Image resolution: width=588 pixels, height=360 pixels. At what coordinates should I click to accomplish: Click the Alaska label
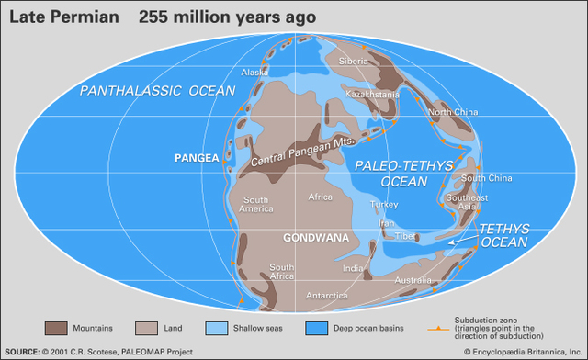click(254, 72)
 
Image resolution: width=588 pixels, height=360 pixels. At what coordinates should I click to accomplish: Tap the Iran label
click(387, 222)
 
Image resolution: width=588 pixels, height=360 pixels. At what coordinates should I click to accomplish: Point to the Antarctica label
click(326, 295)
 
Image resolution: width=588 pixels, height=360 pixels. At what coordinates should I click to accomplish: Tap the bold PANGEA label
click(198, 158)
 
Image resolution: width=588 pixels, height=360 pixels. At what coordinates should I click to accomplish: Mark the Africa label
click(320, 197)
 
